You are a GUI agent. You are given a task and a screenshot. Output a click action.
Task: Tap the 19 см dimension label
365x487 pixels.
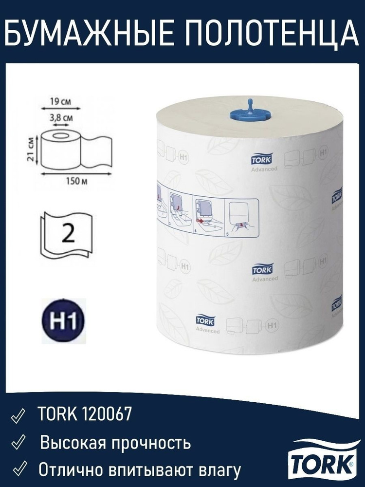[60, 102]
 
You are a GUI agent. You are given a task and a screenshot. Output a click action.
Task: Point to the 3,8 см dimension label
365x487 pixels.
[61, 118]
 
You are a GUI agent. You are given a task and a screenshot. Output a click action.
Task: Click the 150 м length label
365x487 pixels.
[76, 181]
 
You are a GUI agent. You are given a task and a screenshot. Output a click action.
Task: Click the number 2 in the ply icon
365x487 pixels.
[69, 234]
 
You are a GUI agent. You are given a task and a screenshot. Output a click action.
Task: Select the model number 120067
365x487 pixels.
[107, 413]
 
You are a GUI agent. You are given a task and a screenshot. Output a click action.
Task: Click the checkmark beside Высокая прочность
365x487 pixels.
[18, 443]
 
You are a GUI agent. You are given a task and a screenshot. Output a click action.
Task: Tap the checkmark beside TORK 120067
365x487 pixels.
[18, 416]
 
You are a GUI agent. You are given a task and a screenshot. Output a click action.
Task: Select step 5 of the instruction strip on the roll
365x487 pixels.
[241, 217]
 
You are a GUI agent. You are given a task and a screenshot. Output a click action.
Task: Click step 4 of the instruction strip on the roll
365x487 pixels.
[208, 217]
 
